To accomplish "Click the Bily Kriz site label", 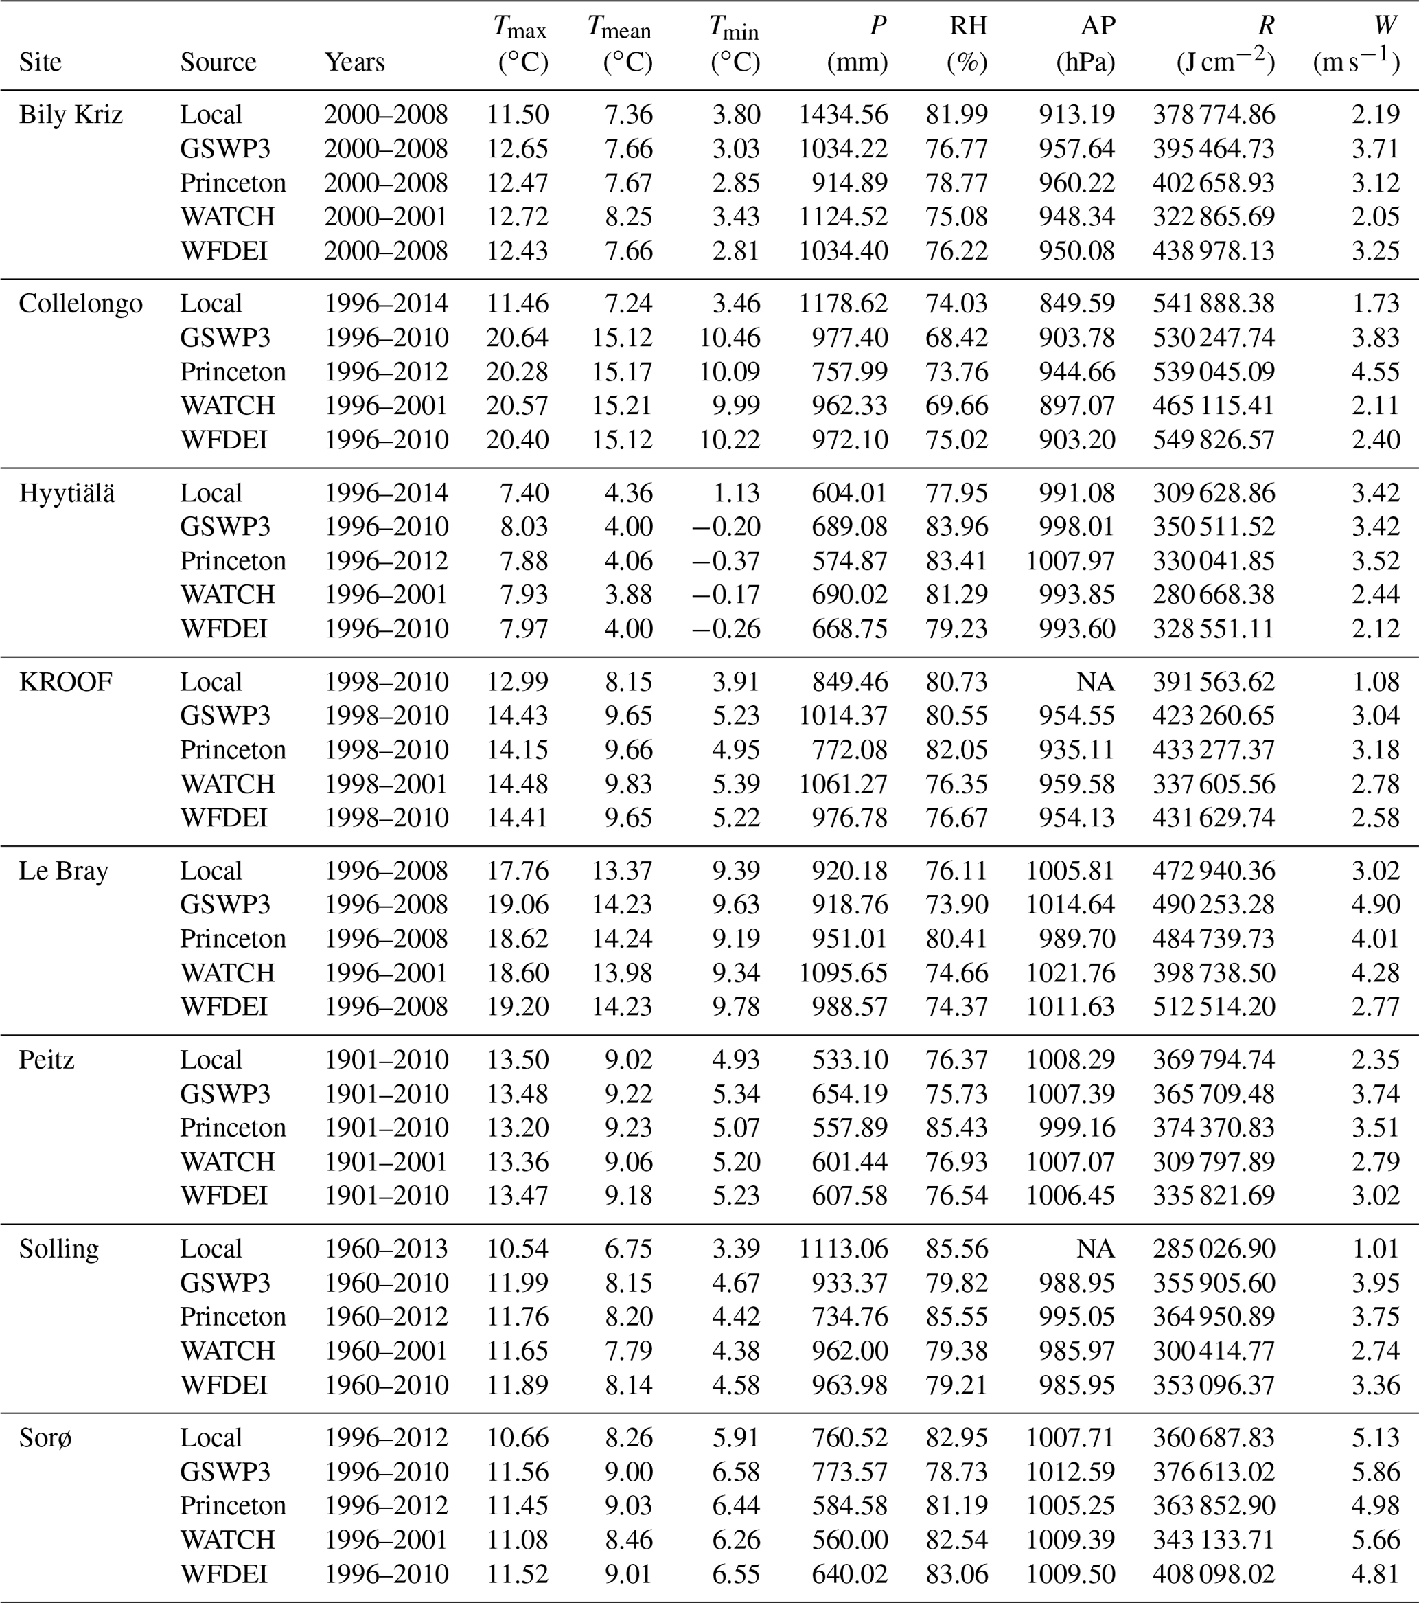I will coord(71,115).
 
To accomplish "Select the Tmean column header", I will coord(619,44).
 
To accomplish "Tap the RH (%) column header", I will coord(967,44).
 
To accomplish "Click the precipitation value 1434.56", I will coord(843,115).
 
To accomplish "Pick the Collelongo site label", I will coord(81,304).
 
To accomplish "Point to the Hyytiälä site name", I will coord(67,493).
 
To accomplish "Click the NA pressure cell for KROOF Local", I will coord(1094,682).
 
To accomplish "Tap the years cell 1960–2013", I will coord(386,1249).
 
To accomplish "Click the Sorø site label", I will coord(45,1437).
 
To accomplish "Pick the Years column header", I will coord(354,62).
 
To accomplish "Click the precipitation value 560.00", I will coord(850,1540).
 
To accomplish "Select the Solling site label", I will coord(59,1249).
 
